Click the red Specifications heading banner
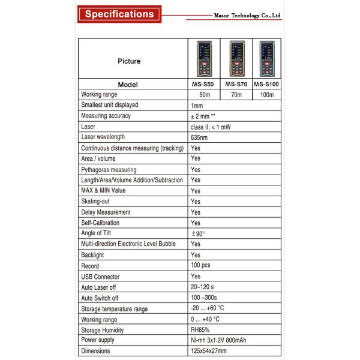[120, 13]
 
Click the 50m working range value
[204, 95]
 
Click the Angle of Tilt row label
[96, 233]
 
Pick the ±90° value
[198, 233]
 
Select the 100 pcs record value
[201, 265]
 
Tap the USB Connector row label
[100, 277]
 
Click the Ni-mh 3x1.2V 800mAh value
[217, 340]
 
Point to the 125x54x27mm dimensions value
[210, 351]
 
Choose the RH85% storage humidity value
[200, 329]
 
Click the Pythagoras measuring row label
[109, 170]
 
